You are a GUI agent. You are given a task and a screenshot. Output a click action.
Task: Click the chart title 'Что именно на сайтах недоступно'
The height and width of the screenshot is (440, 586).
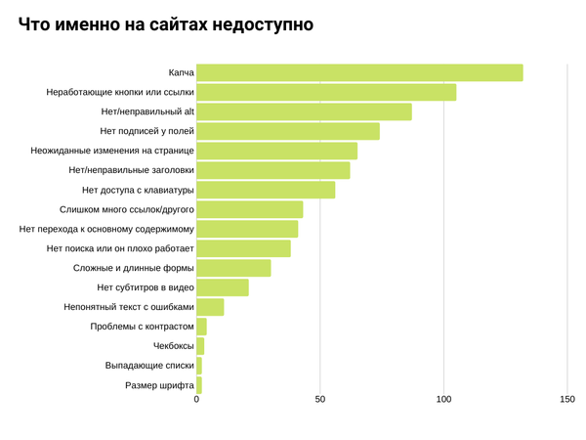166,25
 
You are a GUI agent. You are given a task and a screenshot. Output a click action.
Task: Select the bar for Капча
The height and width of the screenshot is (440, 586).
359,72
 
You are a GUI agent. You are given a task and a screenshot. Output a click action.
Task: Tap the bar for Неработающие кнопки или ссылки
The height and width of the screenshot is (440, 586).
326,92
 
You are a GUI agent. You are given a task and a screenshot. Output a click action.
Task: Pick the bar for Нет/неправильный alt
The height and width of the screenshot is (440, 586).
304,111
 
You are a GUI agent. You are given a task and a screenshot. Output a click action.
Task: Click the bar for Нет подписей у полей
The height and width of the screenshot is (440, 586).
288,131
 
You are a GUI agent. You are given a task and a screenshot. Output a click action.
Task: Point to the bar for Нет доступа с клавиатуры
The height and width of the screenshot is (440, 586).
266,190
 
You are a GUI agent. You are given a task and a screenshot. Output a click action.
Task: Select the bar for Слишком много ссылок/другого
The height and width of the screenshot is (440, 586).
249,209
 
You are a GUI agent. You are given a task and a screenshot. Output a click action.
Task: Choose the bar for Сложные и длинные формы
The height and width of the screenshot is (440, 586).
233,268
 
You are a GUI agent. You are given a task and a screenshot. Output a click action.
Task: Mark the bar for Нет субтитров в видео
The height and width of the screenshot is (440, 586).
223,287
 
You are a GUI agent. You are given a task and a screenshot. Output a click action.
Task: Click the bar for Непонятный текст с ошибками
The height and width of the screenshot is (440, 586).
210,307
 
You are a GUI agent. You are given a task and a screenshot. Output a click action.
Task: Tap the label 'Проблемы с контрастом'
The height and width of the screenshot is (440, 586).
142,327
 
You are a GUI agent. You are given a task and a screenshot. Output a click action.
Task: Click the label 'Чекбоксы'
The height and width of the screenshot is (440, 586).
173,346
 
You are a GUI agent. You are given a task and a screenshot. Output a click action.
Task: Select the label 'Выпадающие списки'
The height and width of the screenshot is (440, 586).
149,366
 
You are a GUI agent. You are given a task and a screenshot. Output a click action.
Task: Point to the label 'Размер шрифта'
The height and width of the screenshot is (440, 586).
159,385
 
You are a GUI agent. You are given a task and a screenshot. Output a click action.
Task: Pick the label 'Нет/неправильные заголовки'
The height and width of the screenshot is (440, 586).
131,170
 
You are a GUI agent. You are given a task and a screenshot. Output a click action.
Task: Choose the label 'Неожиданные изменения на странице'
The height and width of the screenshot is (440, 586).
112,151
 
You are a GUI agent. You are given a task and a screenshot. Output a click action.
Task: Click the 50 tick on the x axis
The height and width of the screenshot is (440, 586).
320,400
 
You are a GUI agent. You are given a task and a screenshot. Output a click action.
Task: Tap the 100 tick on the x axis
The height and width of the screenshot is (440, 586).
443,400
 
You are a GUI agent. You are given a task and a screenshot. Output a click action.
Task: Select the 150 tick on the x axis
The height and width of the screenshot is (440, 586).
567,400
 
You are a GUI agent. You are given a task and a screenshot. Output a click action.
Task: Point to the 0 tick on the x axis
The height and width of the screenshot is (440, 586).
196,400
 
